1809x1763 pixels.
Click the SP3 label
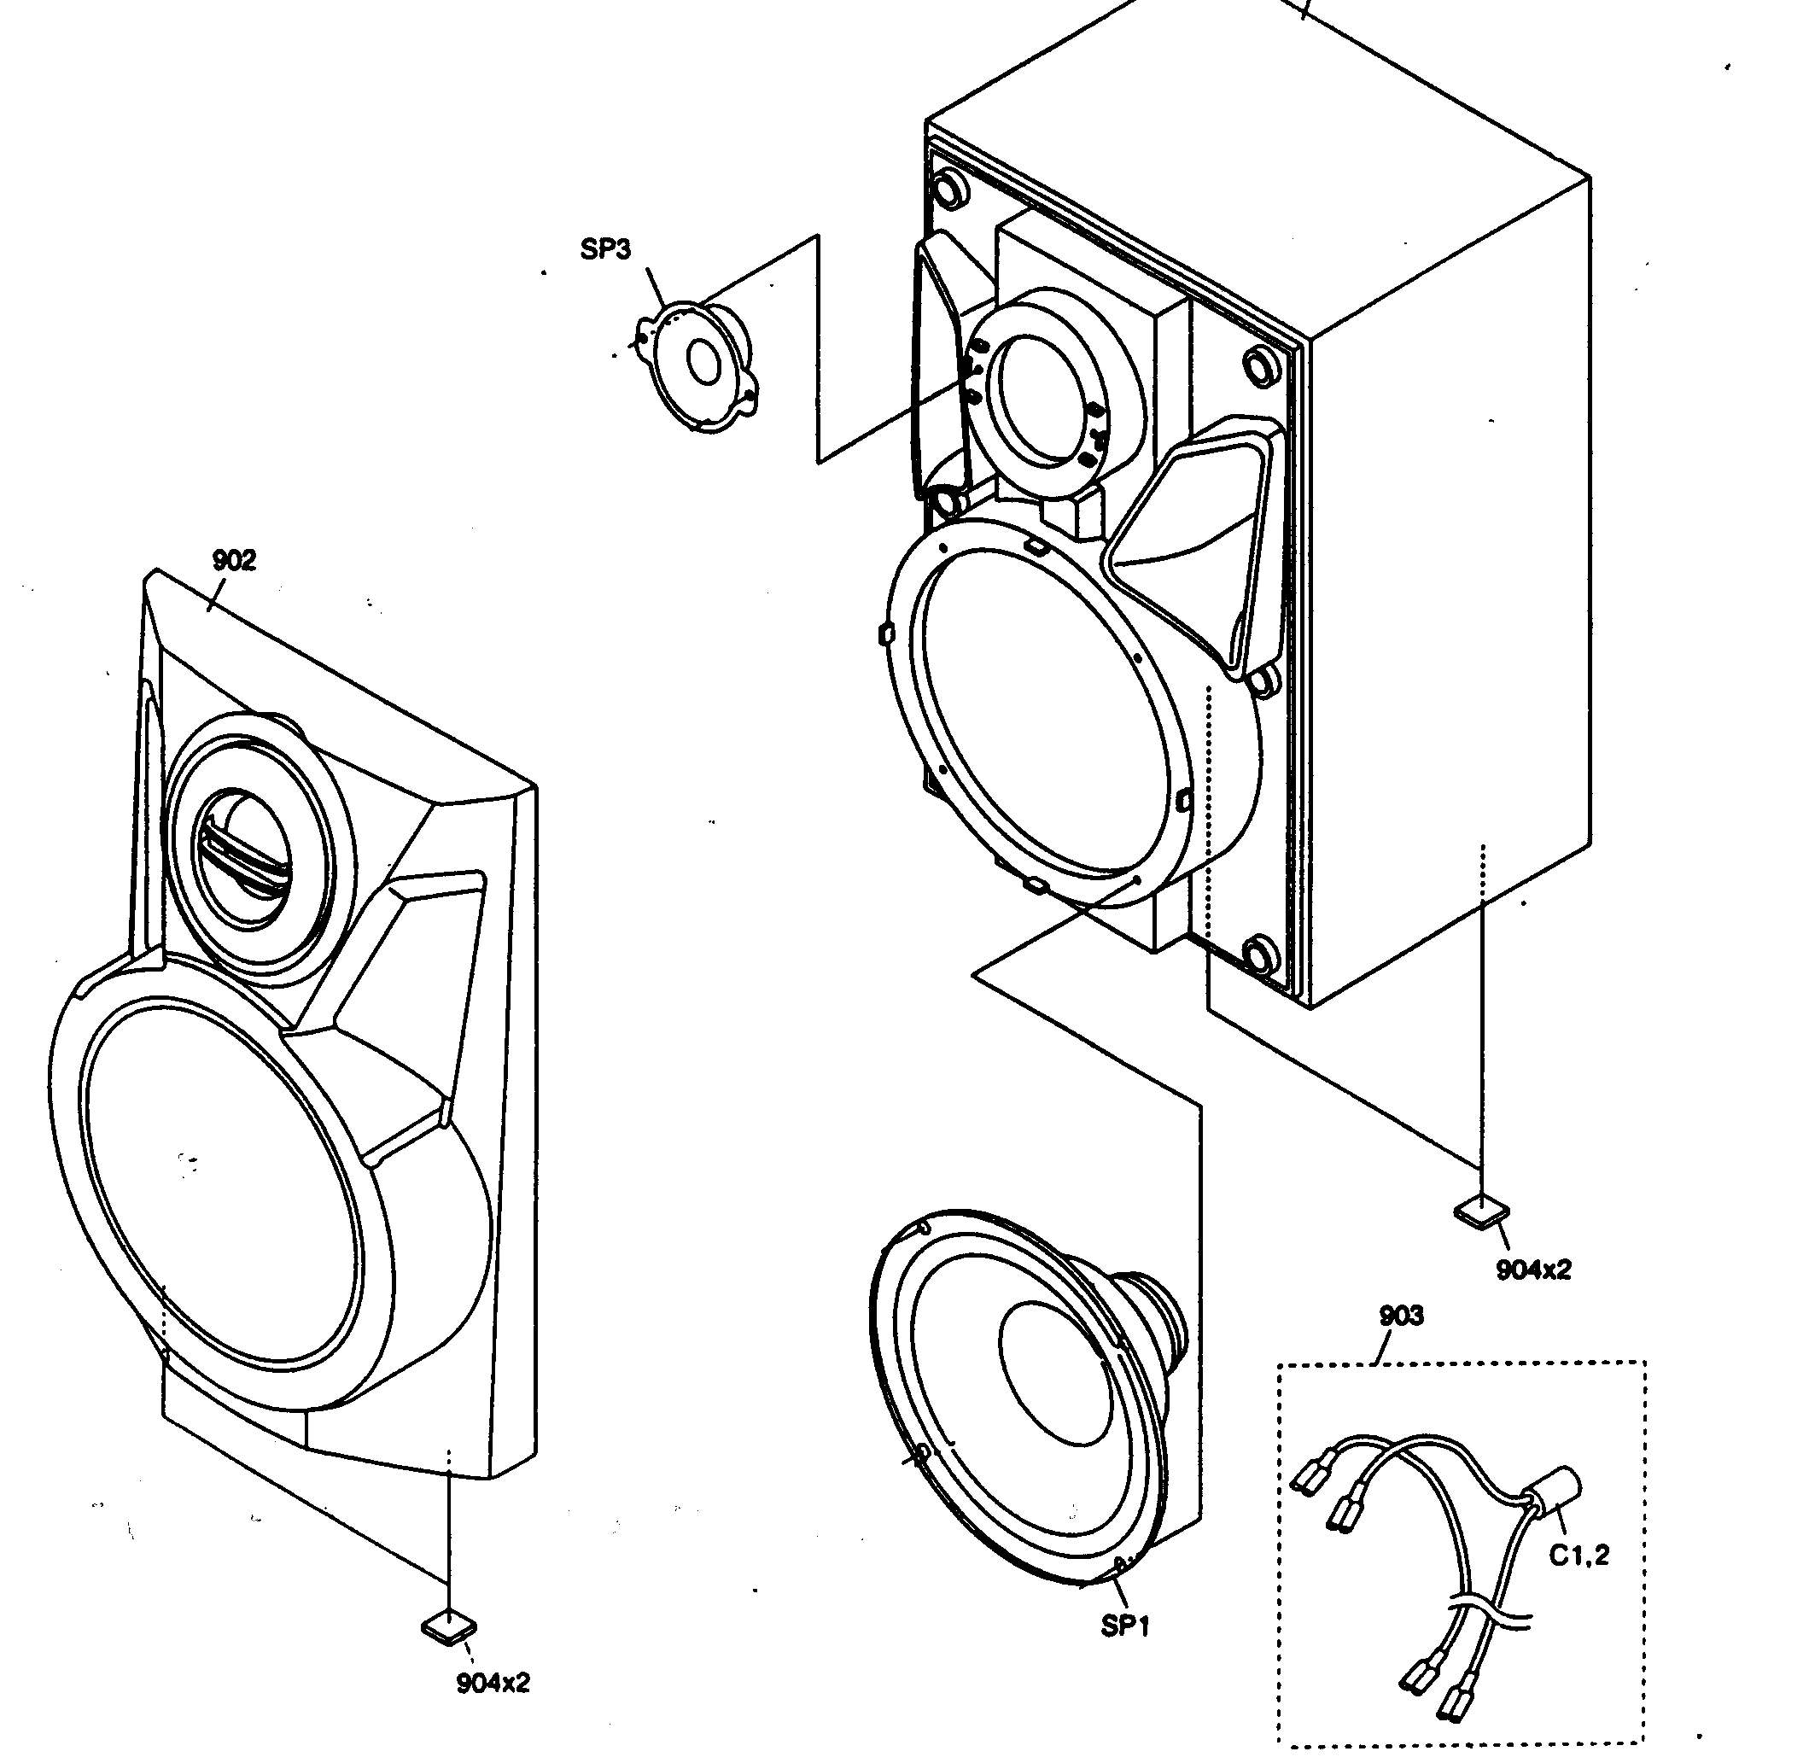[x=605, y=249]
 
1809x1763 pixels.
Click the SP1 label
[x=1125, y=1625]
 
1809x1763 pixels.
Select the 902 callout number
[x=233, y=560]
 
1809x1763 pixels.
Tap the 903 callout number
[x=1401, y=1315]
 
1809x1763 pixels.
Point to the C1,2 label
[x=1579, y=1556]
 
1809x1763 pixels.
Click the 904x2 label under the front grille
[x=493, y=1683]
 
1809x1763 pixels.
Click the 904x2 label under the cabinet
[x=1533, y=1270]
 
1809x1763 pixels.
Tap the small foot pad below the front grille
[x=449, y=1626]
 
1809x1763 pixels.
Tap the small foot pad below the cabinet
[x=1482, y=1211]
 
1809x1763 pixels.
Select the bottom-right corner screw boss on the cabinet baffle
[x=1261, y=952]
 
